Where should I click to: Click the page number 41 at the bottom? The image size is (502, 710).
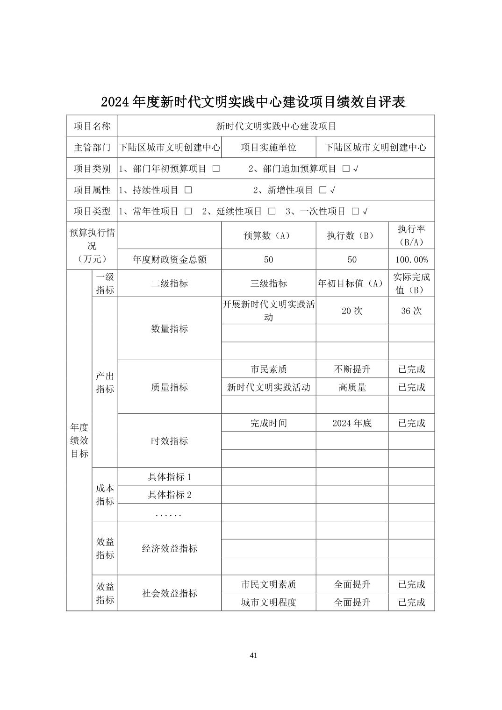(x=253, y=655)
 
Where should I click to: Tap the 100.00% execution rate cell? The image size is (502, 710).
(x=411, y=260)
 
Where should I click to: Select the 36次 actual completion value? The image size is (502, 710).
(x=411, y=311)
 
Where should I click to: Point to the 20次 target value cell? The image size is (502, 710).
(x=352, y=311)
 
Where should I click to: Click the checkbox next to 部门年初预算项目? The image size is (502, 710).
(x=215, y=169)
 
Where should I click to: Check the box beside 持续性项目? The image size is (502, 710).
(x=188, y=190)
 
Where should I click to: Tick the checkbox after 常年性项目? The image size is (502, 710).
(x=188, y=211)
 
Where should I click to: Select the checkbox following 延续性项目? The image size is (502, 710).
(x=272, y=211)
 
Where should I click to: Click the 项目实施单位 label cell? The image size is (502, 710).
(x=268, y=148)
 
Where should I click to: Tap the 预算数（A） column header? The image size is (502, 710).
(x=268, y=236)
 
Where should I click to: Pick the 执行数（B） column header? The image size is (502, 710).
(x=352, y=236)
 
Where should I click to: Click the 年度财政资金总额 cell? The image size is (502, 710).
(x=169, y=260)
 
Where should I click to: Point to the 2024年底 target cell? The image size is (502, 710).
(x=352, y=423)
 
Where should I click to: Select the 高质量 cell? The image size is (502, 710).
(x=352, y=387)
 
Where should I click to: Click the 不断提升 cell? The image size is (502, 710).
(x=352, y=369)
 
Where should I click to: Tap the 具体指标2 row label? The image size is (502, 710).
(x=169, y=495)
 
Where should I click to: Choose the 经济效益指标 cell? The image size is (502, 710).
(x=169, y=548)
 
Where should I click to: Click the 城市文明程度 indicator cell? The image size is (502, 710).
(x=268, y=602)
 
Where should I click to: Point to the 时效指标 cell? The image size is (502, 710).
(x=169, y=441)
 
